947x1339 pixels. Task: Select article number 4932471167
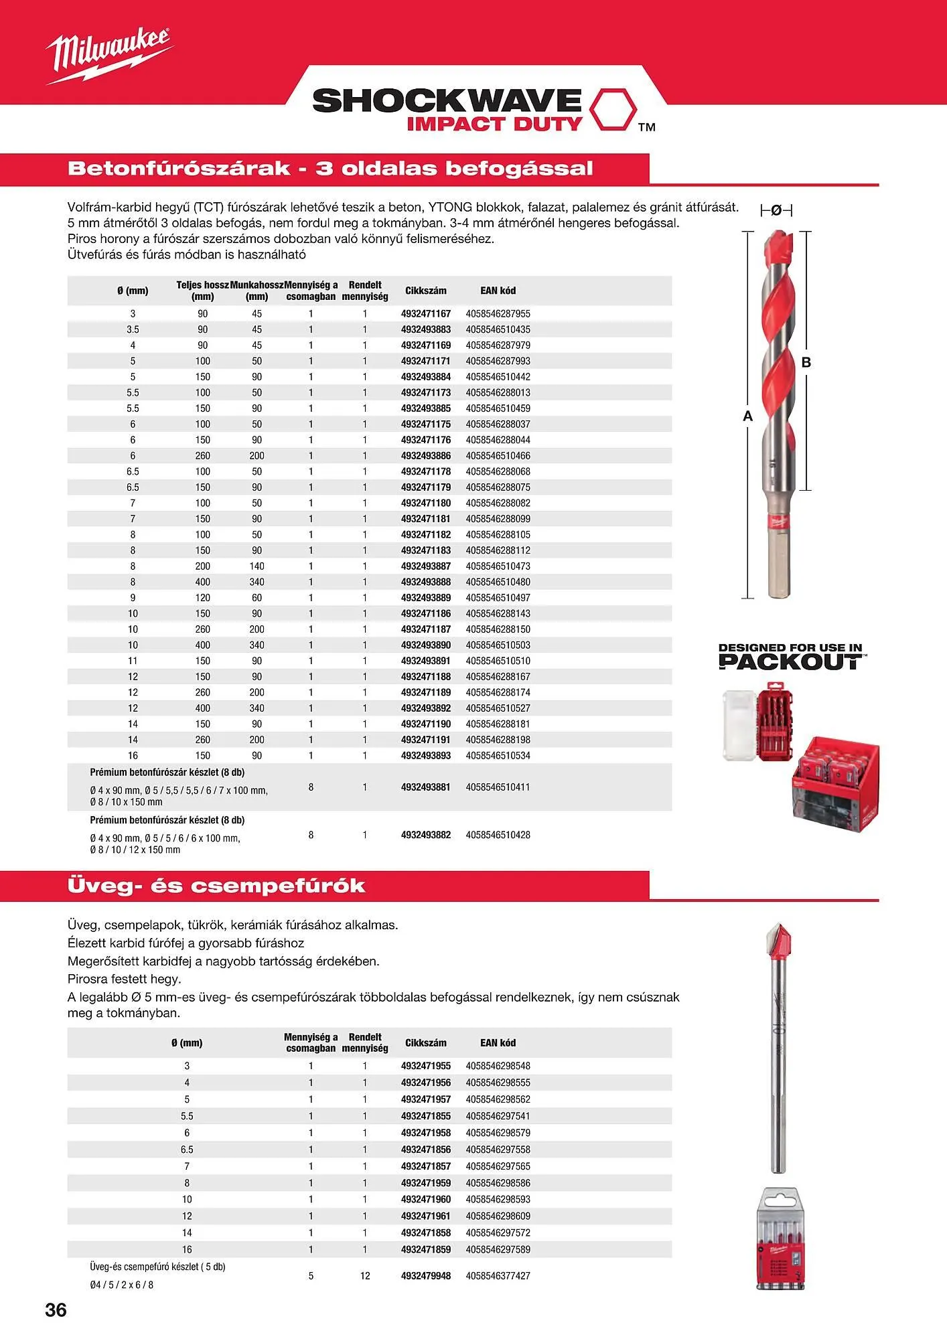click(x=426, y=313)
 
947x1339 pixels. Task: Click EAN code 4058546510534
click(x=498, y=755)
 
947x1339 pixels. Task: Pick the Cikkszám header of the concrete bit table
click(x=425, y=291)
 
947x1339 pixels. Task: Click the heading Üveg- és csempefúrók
click(x=216, y=886)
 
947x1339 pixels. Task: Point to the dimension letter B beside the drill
click(x=806, y=362)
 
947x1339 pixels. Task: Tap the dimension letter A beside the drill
click(x=748, y=416)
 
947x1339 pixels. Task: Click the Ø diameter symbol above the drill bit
click(x=776, y=210)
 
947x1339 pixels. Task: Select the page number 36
click(x=56, y=1310)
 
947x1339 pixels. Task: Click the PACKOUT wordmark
click(x=791, y=662)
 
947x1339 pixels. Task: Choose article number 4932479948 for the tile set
click(x=426, y=1275)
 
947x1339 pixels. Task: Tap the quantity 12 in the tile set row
click(x=365, y=1275)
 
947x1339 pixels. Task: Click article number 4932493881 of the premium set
click(x=426, y=787)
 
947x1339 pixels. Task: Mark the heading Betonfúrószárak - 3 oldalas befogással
click(x=330, y=168)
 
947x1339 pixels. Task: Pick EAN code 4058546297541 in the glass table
click(x=498, y=1116)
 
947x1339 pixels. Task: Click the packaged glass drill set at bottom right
click(x=780, y=1239)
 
